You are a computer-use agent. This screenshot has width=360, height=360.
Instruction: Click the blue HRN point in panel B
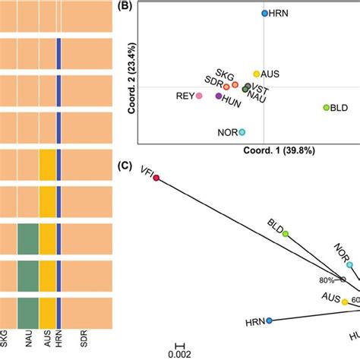click(264, 14)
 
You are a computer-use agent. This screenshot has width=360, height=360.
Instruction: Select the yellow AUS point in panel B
click(257, 74)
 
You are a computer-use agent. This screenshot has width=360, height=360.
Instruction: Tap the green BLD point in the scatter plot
click(327, 109)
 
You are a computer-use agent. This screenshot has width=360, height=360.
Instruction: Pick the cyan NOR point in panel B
click(242, 132)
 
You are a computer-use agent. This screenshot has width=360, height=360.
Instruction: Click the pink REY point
click(199, 96)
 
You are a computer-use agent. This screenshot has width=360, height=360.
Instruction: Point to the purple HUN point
click(219, 96)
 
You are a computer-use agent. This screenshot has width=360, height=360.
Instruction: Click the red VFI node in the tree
click(156, 178)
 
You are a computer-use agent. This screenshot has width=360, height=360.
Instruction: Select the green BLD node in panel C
click(286, 234)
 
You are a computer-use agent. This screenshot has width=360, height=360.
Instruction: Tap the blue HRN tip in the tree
click(269, 321)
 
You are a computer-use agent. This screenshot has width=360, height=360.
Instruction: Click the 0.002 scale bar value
click(178, 353)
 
